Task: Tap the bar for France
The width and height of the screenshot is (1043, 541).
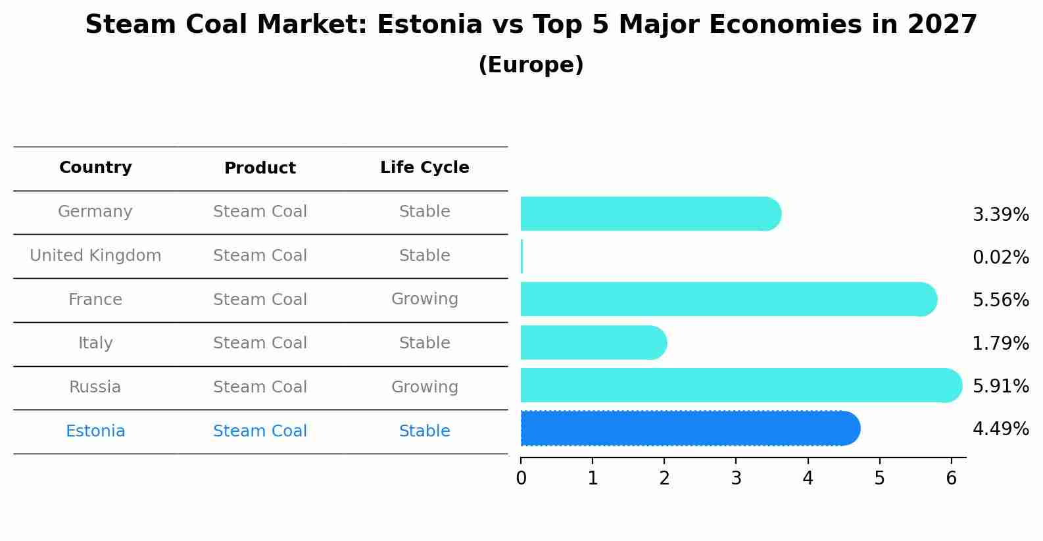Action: pyautogui.click(x=728, y=300)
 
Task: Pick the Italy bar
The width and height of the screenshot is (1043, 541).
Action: pyautogui.click(x=593, y=342)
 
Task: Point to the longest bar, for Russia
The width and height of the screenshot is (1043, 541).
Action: pyautogui.click(x=740, y=386)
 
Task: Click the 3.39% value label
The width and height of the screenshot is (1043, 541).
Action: pyautogui.click(x=1000, y=215)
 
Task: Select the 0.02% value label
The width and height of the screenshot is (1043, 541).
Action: pyautogui.click(x=1000, y=258)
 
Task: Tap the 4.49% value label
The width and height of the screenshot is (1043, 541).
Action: pyautogui.click(x=1000, y=429)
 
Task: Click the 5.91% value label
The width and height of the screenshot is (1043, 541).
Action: pyautogui.click(x=1000, y=386)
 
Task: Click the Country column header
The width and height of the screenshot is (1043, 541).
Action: pyautogui.click(x=95, y=168)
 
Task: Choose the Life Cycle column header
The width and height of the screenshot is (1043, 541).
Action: pyautogui.click(x=424, y=168)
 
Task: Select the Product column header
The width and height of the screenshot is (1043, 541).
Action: pyautogui.click(x=260, y=168)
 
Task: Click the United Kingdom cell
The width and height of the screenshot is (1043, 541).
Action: pyautogui.click(x=95, y=256)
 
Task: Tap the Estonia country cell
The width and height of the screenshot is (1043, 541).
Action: pyautogui.click(x=95, y=431)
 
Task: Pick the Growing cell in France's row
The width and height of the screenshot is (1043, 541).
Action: pyautogui.click(x=424, y=299)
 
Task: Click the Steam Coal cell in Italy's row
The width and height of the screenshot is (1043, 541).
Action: pyautogui.click(x=260, y=343)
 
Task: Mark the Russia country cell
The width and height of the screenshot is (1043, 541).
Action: pyautogui.click(x=95, y=387)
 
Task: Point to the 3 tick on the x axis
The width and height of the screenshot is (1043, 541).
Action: pyautogui.click(x=736, y=479)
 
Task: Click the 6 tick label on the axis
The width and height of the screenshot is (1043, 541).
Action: pyautogui.click(x=951, y=479)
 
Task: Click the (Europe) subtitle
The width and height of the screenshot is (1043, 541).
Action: pyautogui.click(x=531, y=65)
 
